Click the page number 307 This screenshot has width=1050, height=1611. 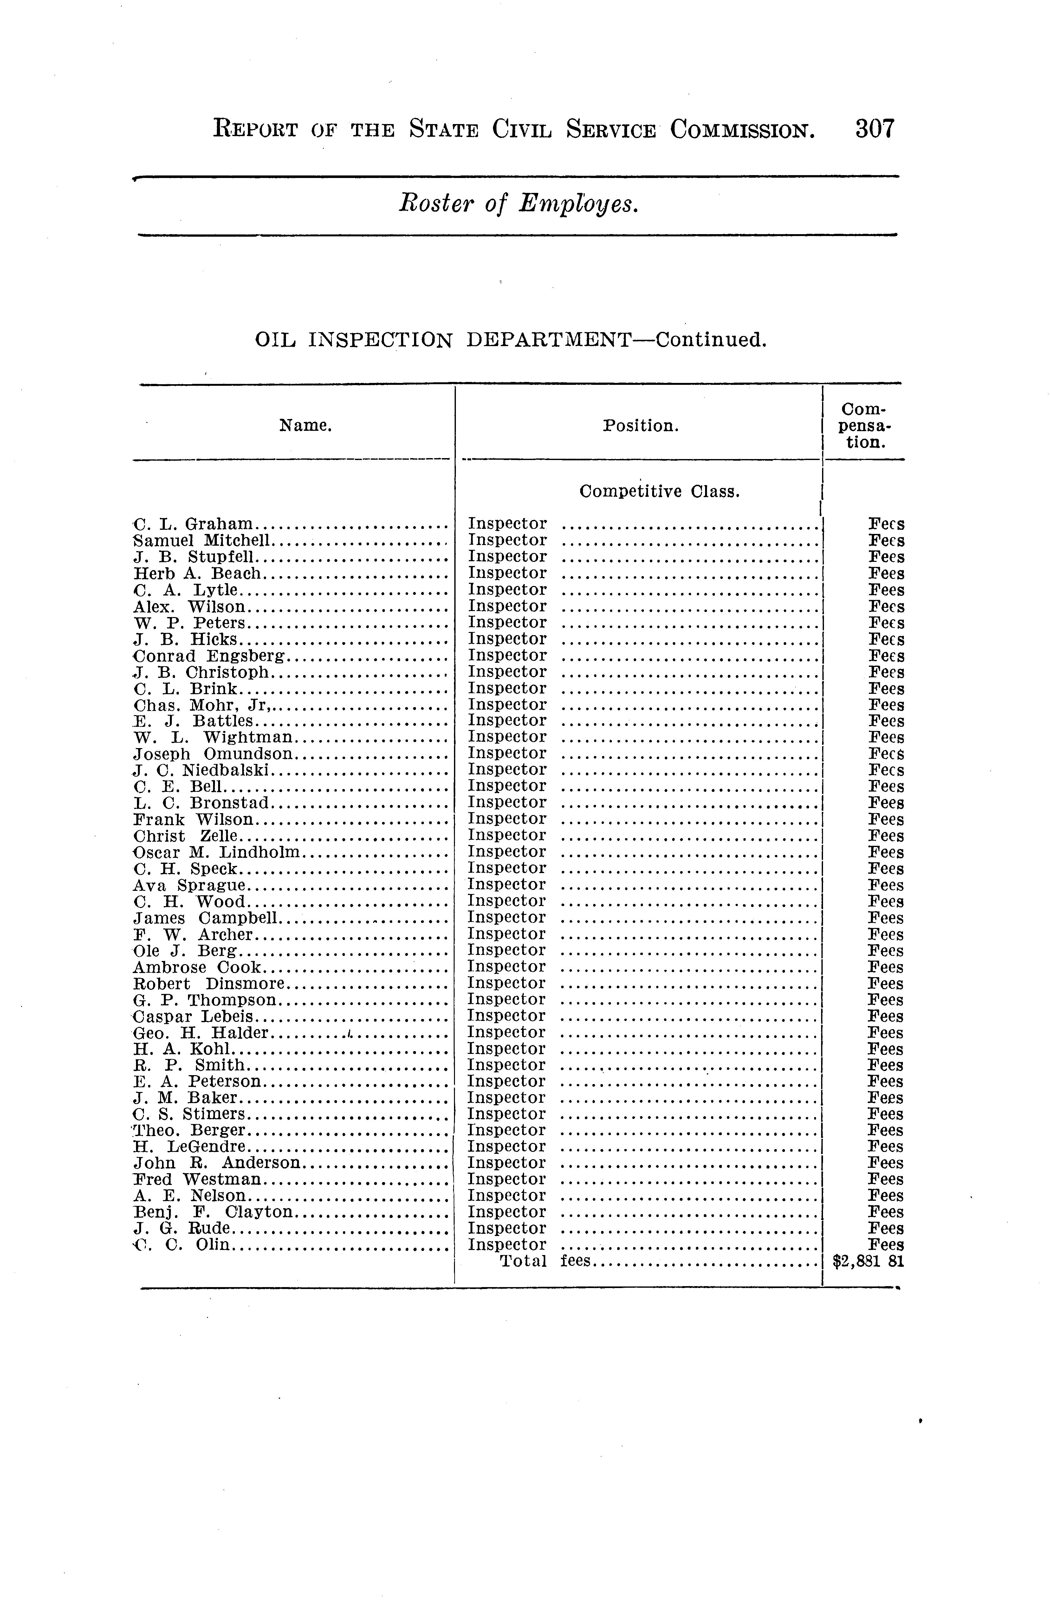point(875,128)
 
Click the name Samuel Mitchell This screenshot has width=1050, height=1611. point(203,540)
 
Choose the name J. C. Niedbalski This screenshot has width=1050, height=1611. point(203,770)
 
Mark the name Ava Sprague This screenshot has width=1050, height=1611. point(190,885)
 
